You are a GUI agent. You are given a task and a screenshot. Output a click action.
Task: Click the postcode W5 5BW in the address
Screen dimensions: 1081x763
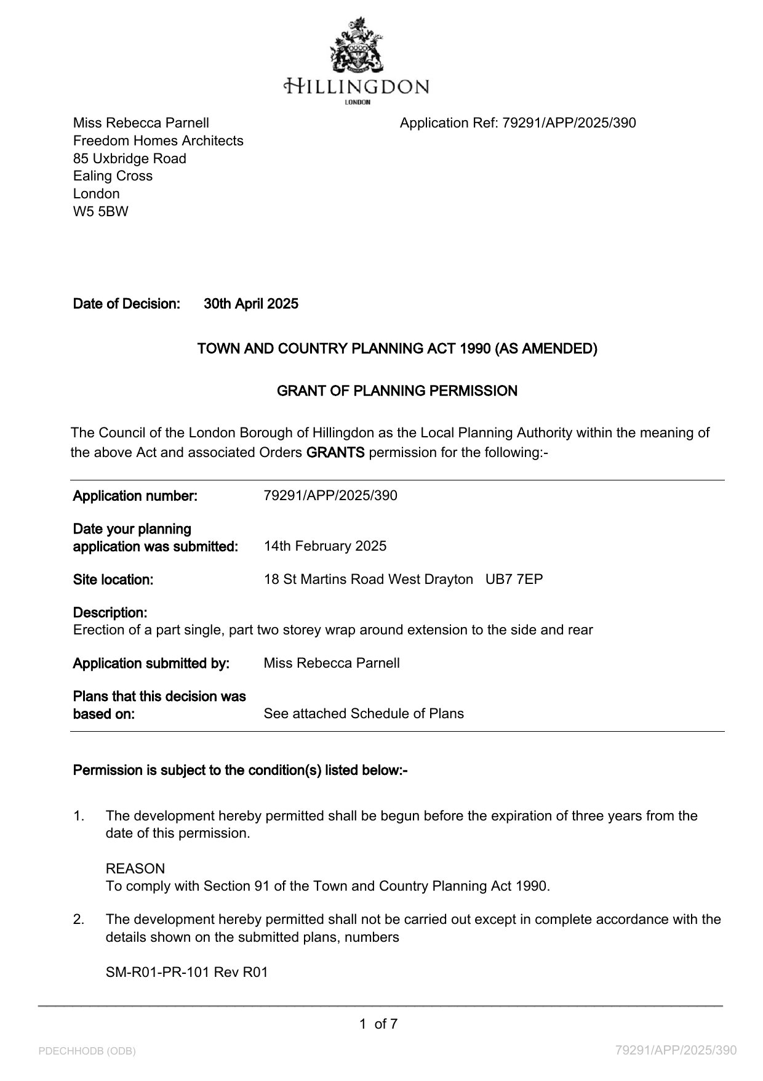pos(101,211)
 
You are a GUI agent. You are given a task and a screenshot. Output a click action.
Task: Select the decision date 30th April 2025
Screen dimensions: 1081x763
pos(251,304)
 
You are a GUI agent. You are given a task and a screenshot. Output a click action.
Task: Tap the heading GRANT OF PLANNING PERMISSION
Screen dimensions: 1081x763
pos(397,391)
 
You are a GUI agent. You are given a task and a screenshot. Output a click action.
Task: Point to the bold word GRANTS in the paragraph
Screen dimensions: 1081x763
pos(335,453)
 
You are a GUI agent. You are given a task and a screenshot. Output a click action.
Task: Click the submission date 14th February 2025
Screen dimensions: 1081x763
pos(325,546)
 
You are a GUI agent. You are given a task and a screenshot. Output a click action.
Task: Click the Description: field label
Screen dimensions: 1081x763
pos(110,613)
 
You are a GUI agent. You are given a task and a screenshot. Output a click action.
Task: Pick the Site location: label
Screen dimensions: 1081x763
pos(113,580)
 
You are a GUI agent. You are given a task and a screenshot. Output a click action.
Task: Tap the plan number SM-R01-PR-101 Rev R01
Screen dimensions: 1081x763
pos(187,973)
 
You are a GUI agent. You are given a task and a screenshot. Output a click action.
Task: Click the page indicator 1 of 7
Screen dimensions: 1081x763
pos(378,1024)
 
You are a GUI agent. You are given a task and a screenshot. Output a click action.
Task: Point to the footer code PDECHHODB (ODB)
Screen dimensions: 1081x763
pos(87,1051)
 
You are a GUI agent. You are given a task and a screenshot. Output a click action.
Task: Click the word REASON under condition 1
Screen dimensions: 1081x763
pos(135,868)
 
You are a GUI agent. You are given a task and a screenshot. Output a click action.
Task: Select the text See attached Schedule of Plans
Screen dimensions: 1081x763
pos(364,713)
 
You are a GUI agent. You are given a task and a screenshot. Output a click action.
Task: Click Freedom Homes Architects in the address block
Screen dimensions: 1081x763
pos(158,140)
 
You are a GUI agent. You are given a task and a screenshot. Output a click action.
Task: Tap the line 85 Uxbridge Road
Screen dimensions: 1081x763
pos(130,158)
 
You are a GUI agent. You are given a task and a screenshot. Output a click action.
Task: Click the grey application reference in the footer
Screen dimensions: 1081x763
pos(676,1050)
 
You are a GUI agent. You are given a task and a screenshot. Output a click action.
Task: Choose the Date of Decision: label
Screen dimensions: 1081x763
pos(127,304)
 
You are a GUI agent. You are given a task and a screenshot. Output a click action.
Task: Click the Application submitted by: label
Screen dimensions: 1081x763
pos(151,663)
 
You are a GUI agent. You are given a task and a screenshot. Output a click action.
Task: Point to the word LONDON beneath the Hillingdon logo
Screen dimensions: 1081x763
pos(358,102)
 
